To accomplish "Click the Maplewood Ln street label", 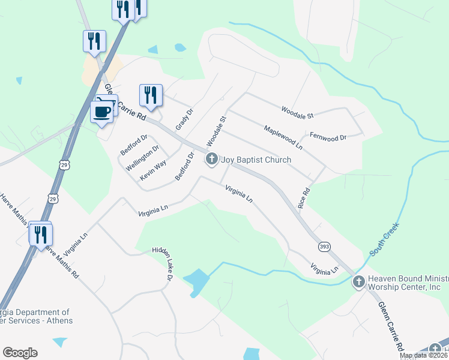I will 283,137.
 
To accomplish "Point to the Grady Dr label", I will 184,119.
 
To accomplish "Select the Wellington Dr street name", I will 143,158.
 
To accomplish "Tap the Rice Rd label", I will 304,199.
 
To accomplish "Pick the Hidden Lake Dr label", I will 163,263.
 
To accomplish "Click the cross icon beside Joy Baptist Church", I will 211,159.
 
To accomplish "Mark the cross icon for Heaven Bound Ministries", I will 358,281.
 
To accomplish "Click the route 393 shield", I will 323,247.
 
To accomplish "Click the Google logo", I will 20,353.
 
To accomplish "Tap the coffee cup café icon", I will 101,111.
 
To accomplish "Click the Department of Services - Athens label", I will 36,316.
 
